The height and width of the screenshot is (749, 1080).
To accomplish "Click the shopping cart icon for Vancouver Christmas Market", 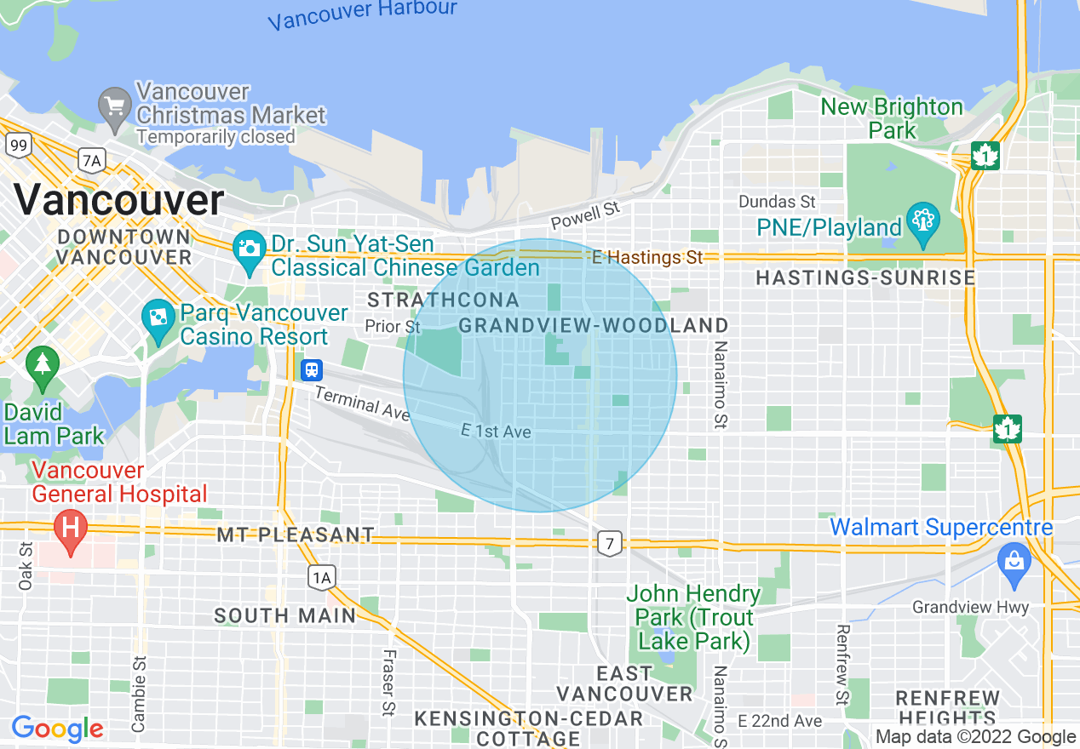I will point(114,106).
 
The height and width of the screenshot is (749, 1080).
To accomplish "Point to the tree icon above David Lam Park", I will point(41,364).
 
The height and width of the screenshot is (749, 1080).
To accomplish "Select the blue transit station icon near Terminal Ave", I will point(313,369).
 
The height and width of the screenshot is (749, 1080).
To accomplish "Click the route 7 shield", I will point(608,543).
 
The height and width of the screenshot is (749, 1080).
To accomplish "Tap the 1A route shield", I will point(321,579).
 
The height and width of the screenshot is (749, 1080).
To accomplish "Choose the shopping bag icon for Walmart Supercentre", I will point(1014,563).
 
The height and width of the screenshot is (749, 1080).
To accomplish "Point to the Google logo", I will point(58,729).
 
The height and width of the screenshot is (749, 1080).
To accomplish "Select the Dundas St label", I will point(777,202).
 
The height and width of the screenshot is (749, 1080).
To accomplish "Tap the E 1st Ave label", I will point(496,432).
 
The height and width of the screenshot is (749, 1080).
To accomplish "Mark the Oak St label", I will point(25,566).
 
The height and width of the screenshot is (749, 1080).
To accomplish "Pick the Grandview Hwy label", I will point(970,607).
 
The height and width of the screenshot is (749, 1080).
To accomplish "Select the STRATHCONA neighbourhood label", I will point(443,300).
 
